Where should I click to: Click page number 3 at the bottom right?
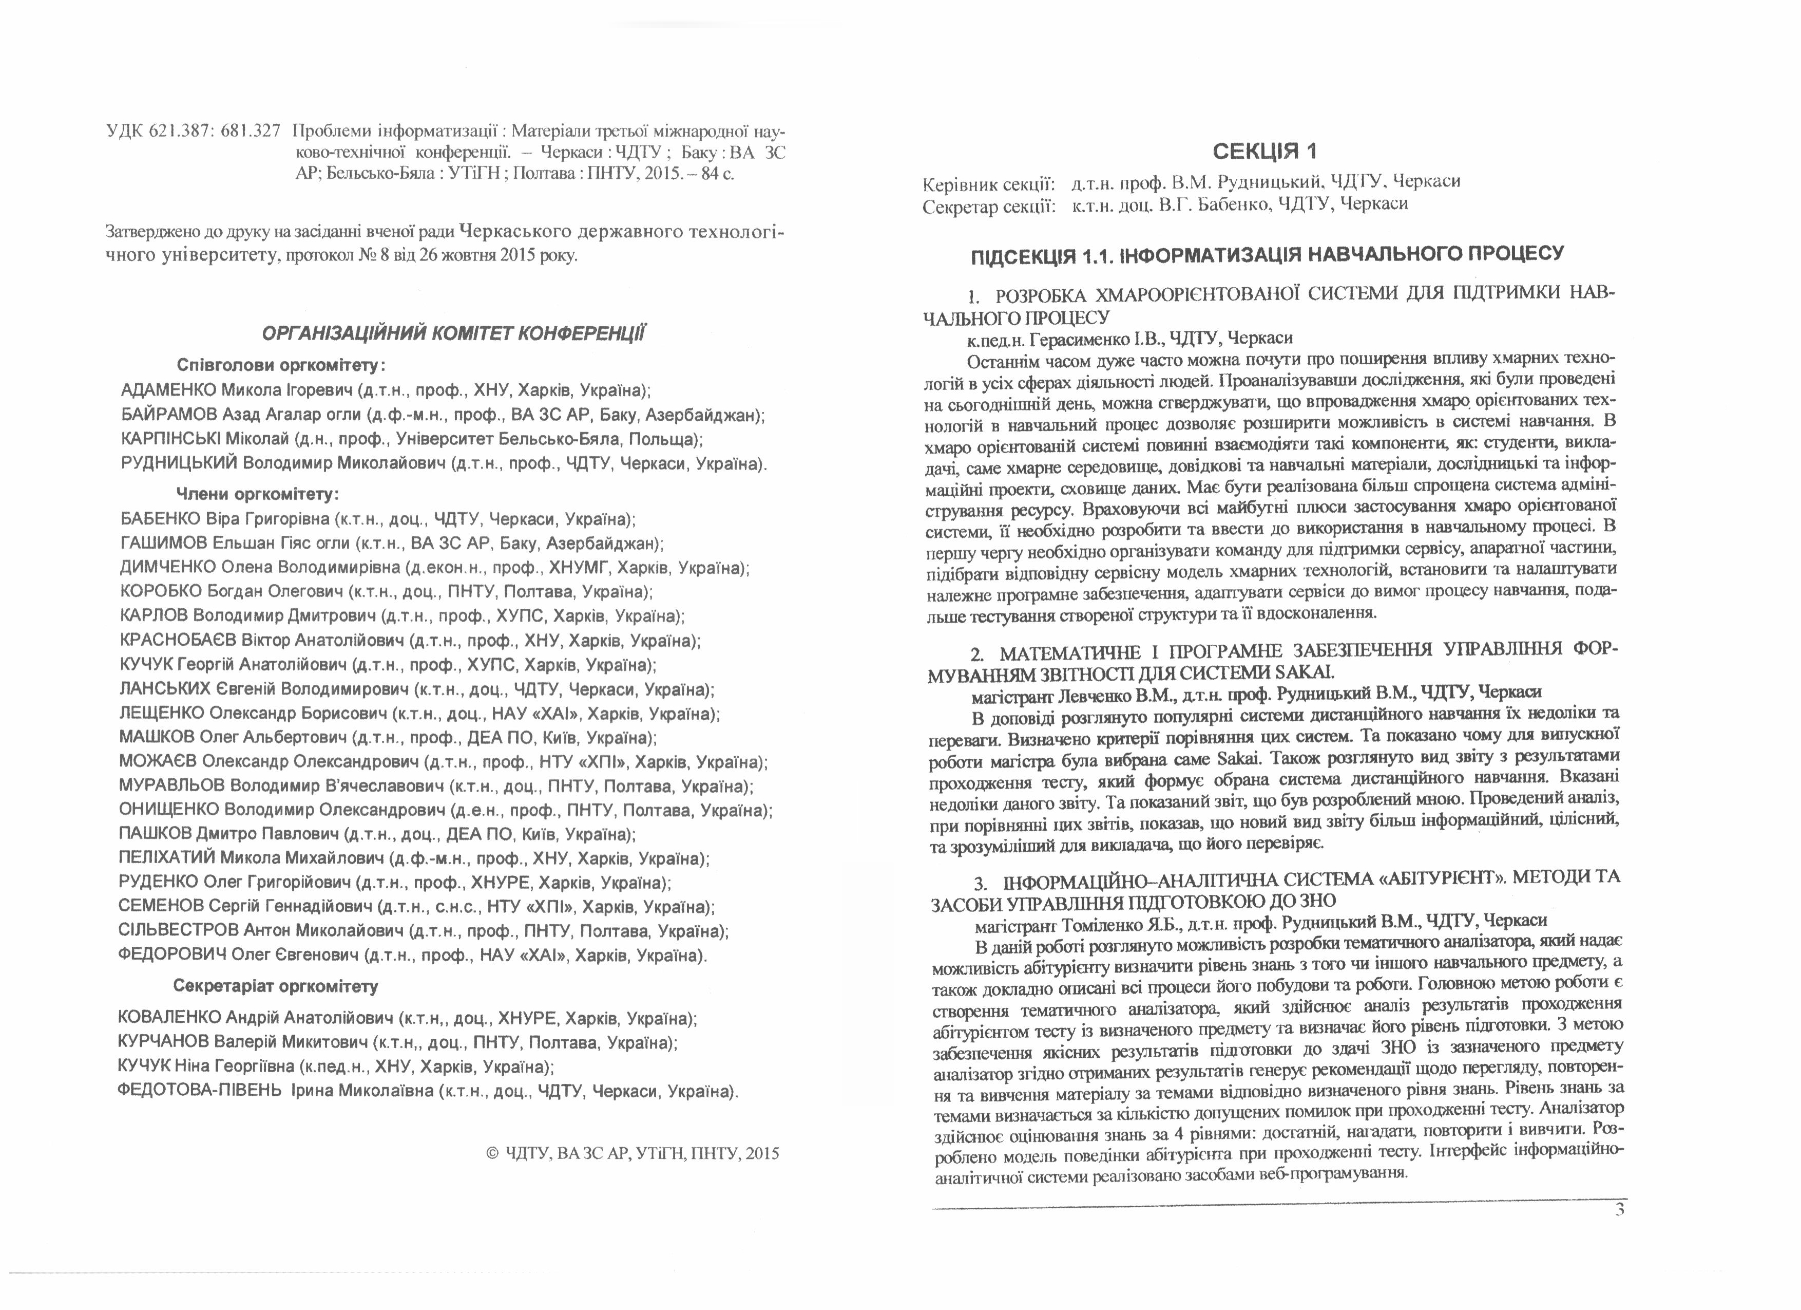tap(1619, 1210)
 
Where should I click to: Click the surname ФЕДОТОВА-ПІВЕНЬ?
tap(199, 1091)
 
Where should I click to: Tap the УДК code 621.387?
tap(179, 131)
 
